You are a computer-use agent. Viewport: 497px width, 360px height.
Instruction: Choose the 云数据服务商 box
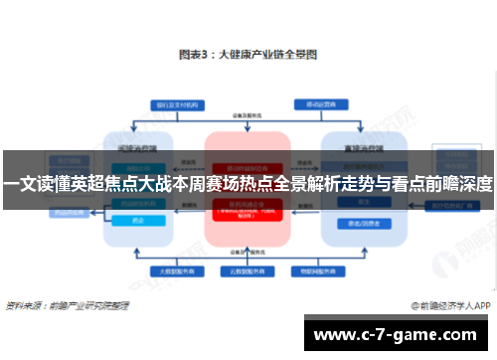pyautogui.click(x=246, y=270)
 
